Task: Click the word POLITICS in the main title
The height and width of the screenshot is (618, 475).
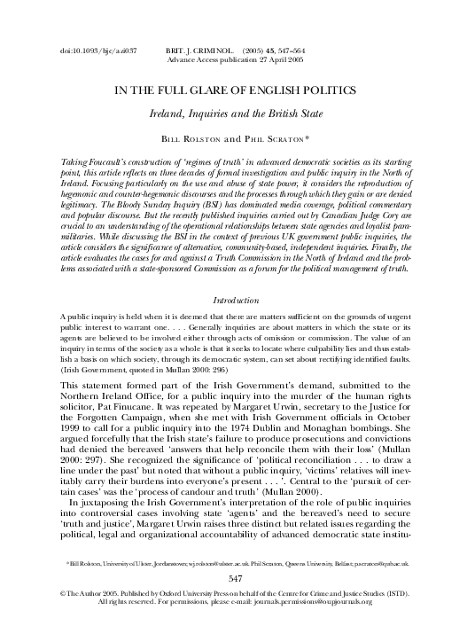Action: click(336, 90)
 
